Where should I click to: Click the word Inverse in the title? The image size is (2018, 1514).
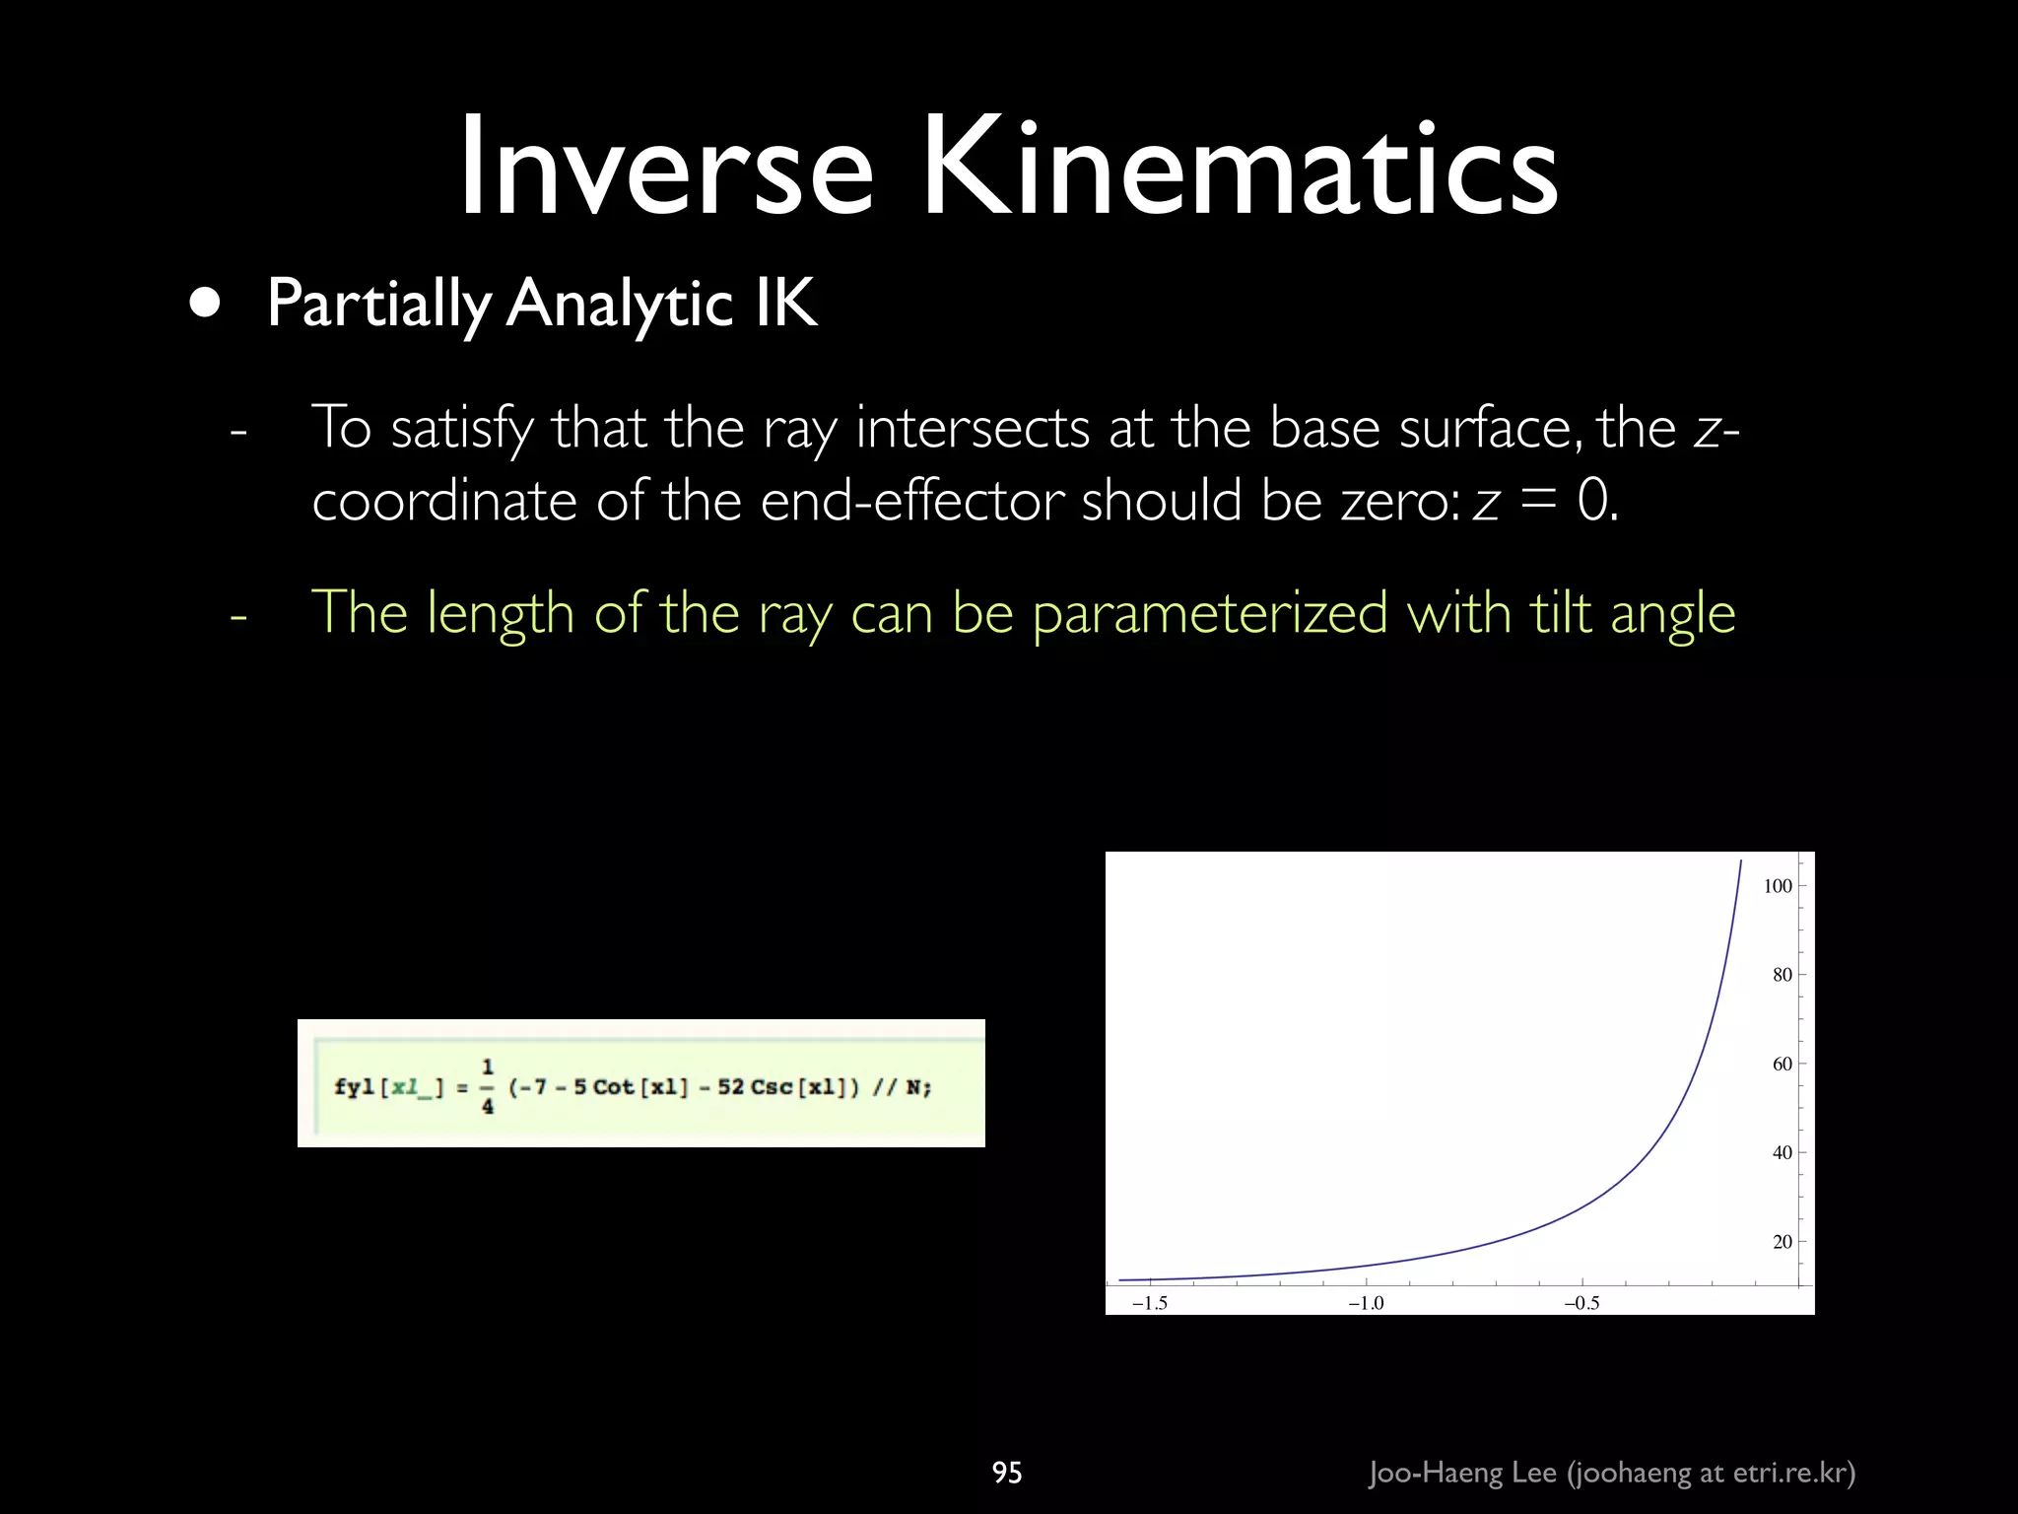(x=666, y=168)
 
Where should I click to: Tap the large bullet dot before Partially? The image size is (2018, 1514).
(x=205, y=304)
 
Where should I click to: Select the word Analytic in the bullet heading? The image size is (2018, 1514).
(x=620, y=304)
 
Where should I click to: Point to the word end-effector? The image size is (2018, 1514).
(x=912, y=500)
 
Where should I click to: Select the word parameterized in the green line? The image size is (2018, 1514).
(x=1210, y=613)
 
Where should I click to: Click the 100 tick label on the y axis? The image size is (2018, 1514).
(x=1777, y=886)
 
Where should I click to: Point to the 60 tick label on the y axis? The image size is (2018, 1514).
(x=1782, y=1065)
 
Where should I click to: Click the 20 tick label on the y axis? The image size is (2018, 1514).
(x=1782, y=1242)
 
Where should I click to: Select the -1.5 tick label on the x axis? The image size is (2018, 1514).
(x=1149, y=1303)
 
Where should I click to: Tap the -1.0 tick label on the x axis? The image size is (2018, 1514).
(x=1366, y=1303)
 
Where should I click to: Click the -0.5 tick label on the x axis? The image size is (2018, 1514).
(x=1581, y=1303)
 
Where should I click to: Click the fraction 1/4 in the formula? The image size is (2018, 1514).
(x=488, y=1086)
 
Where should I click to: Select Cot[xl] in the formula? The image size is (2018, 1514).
(x=638, y=1087)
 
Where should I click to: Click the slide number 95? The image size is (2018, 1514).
(x=1007, y=1473)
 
